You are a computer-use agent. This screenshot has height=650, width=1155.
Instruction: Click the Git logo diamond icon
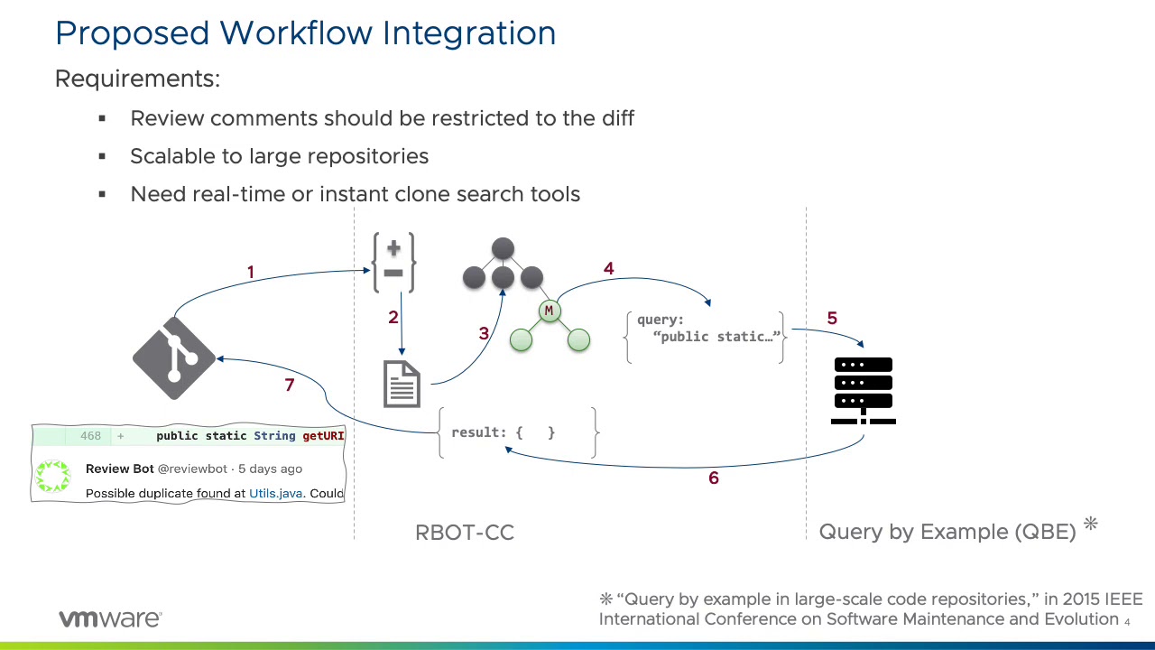coord(174,358)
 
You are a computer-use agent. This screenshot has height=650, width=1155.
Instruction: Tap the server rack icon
coord(864,390)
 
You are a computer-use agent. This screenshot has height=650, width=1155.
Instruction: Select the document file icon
coord(402,384)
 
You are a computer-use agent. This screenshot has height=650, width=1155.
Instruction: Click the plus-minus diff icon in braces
coord(394,263)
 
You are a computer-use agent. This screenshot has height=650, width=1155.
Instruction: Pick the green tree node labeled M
coord(549,311)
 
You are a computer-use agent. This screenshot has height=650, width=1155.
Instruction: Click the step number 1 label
coord(251,272)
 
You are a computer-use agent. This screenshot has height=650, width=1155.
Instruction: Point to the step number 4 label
coord(608,268)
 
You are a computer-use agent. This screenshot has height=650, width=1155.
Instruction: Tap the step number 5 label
coord(832,318)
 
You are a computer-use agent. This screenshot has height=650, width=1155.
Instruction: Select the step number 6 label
coord(714,478)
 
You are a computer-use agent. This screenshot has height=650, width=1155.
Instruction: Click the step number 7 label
coord(290,385)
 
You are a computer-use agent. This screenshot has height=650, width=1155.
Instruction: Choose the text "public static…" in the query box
coord(719,337)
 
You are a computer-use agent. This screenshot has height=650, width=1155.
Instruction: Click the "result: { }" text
coord(503,432)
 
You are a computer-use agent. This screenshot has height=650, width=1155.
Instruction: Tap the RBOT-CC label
coord(465,533)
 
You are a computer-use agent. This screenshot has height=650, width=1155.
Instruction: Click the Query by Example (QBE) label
coord(947,532)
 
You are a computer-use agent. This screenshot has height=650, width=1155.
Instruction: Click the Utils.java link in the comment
coord(276,493)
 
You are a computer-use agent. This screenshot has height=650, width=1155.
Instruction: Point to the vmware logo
coord(110,619)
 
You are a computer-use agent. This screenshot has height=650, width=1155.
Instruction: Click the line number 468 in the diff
coord(90,436)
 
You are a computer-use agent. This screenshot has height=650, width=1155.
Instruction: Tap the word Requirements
coord(137,79)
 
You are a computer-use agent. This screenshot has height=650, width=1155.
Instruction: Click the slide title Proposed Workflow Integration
coord(305,33)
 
